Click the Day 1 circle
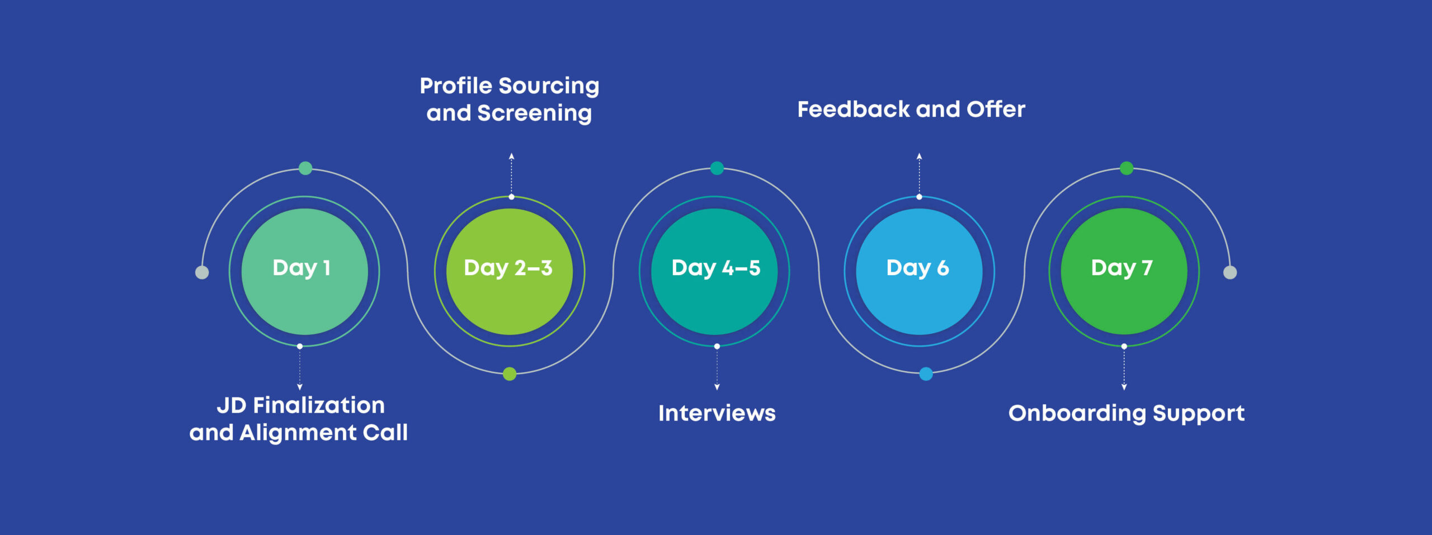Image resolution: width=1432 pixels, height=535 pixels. click(304, 271)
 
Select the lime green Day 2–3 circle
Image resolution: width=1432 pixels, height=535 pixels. click(509, 271)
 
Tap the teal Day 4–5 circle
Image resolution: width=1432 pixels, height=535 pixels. click(714, 271)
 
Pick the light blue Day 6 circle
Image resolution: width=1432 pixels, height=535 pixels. click(919, 271)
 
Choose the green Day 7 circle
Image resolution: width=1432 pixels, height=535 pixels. click(1124, 271)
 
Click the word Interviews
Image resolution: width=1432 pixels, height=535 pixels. click(717, 414)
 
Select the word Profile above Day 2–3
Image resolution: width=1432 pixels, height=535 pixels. click(456, 86)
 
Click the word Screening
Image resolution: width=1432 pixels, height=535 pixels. click(534, 113)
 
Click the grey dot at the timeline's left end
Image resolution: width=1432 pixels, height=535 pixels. click(202, 272)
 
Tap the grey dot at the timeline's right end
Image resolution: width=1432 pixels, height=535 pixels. click(1230, 272)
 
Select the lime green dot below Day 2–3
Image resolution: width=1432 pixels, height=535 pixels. click(510, 374)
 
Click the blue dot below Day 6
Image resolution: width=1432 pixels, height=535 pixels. click(926, 374)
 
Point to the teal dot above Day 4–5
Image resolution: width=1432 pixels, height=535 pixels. click(717, 168)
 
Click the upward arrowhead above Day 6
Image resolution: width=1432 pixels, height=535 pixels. click(919, 157)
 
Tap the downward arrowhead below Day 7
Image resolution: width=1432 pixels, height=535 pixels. click(1124, 387)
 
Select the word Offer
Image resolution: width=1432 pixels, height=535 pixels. click(996, 110)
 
